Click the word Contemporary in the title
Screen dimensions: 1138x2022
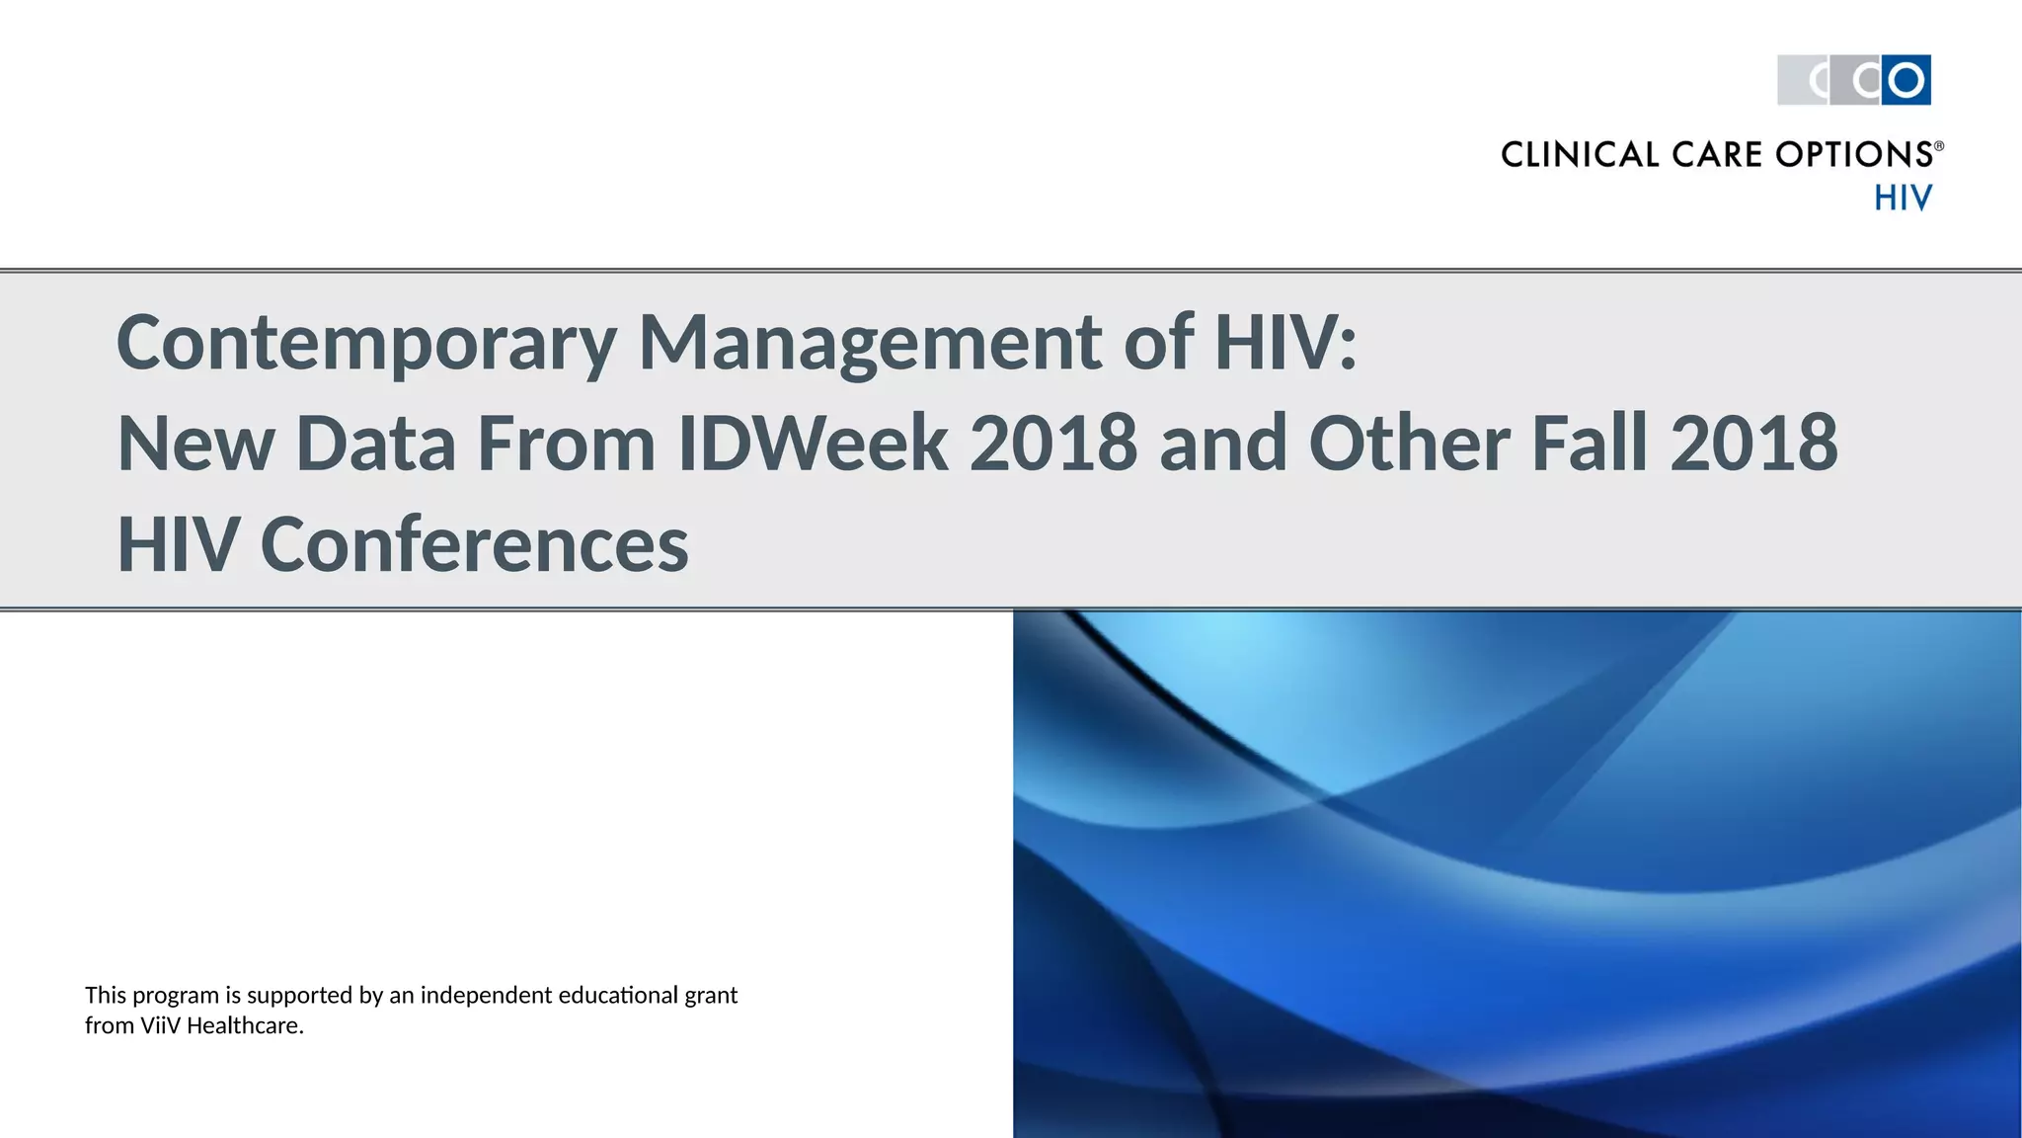(x=366, y=344)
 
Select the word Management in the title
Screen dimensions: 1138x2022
(x=870, y=344)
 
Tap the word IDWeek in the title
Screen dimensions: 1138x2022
(x=813, y=444)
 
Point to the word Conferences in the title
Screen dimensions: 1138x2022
(x=474, y=544)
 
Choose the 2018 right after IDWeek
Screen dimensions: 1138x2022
(x=1053, y=444)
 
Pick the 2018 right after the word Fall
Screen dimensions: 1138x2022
(x=1753, y=444)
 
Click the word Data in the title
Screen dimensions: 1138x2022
(x=375, y=444)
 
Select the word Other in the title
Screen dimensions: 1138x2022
(x=1409, y=444)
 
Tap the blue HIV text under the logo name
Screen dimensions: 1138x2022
(x=1903, y=199)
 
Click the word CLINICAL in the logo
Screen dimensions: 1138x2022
(x=1580, y=155)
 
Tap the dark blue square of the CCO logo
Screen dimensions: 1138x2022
(x=1905, y=80)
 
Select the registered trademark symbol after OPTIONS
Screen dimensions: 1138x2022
(x=1938, y=146)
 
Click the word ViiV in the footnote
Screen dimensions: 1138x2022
(x=160, y=1026)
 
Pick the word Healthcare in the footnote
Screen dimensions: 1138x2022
(x=244, y=1026)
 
